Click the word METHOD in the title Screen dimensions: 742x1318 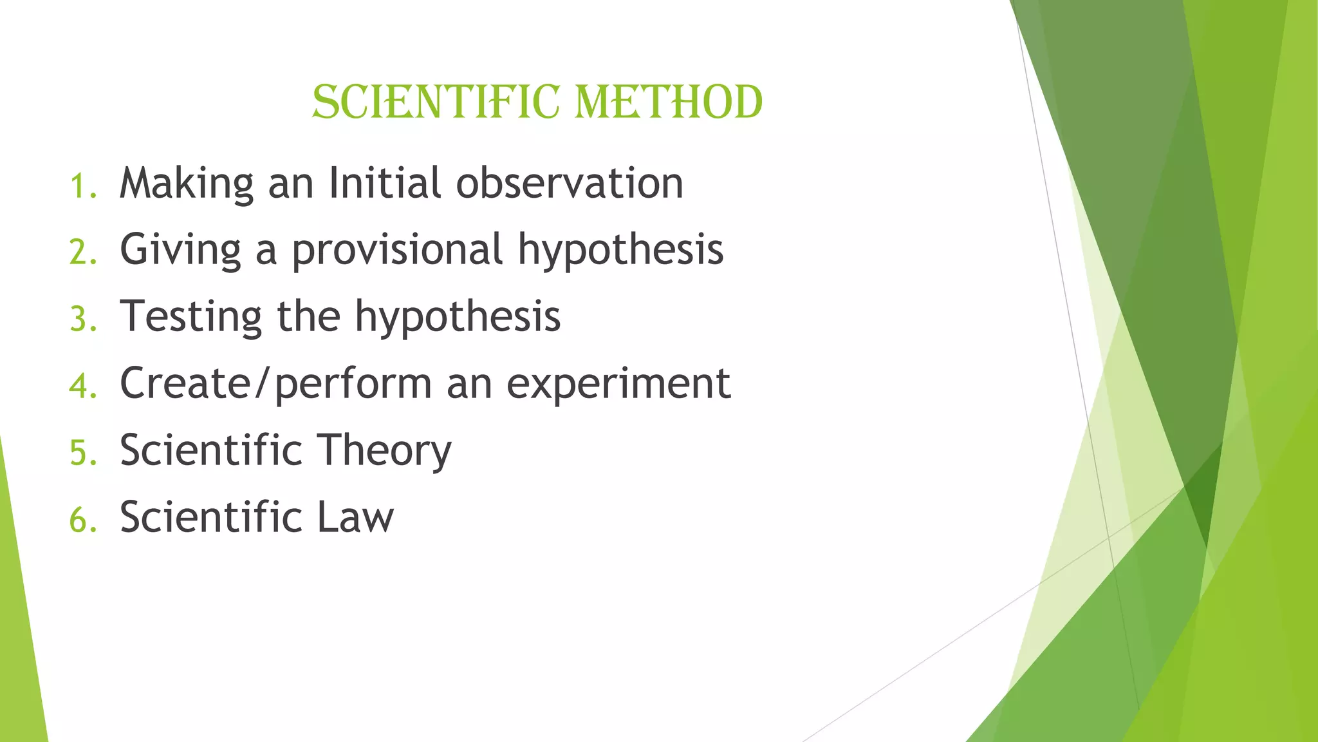click(x=668, y=103)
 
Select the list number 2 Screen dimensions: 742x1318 click(x=82, y=252)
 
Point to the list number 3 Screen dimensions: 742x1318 click(x=82, y=319)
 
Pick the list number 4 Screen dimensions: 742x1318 click(x=82, y=386)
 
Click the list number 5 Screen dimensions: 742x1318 click(x=82, y=453)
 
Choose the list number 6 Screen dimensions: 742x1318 click(x=82, y=520)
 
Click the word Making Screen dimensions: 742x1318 click(x=187, y=184)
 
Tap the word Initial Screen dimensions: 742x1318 click(x=385, y=183)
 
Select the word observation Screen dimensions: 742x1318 click(x=570, y=183)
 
